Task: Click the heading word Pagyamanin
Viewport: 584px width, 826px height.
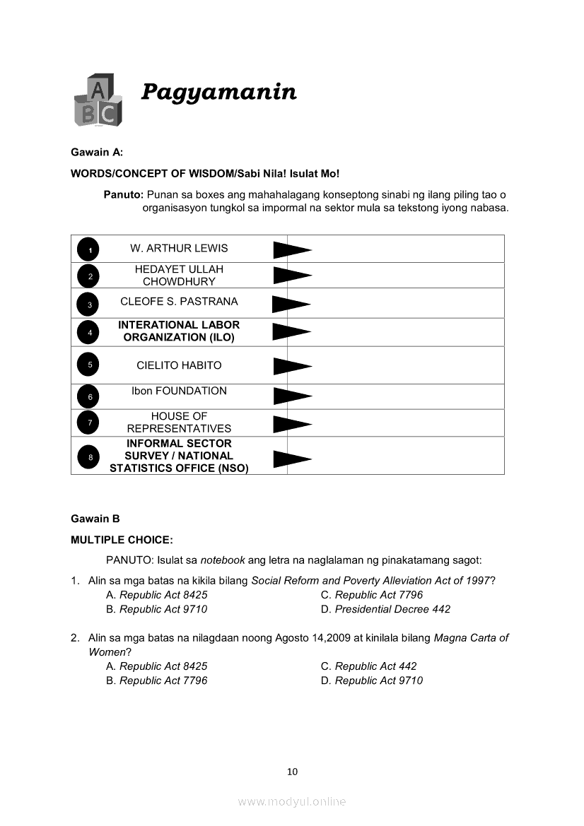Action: tap(218, 92)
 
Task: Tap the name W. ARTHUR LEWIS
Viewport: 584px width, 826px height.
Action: tap(179, 248)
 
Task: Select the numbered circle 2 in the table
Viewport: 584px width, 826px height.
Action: tap(90, 276)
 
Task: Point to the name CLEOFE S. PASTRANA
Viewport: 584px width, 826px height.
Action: tap(179, 302)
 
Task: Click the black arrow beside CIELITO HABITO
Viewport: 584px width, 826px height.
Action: tap(291, 365)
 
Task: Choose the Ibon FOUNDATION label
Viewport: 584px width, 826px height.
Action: tap(179, 391)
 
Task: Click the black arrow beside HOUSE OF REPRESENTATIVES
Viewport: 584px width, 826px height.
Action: tap(291, 423)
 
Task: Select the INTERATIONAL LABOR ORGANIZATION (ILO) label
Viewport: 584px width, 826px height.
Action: tap(179, 331)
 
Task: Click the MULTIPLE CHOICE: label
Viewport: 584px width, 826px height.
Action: tap(122, 540)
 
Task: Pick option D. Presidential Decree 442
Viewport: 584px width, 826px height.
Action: tap(385, 609)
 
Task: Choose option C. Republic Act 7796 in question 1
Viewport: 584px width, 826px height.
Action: tap(372, 595)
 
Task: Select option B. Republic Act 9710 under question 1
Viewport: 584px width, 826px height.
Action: tap(156, 609)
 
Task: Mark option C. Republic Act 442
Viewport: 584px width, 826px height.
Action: tap(368, 666)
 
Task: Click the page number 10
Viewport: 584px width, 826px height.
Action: tap(293, 772)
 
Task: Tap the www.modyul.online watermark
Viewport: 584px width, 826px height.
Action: tap(292, 801)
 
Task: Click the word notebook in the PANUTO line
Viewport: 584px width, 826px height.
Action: tap(223, 560)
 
